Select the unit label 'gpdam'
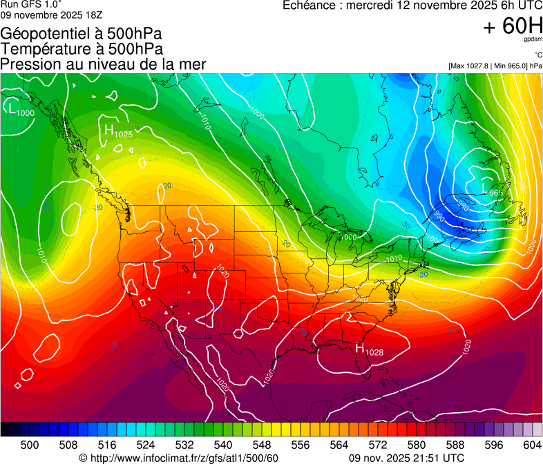533,41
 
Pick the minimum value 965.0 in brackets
516,66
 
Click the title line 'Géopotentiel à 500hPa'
82,34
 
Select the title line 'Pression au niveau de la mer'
104,64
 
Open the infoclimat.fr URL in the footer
184,458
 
